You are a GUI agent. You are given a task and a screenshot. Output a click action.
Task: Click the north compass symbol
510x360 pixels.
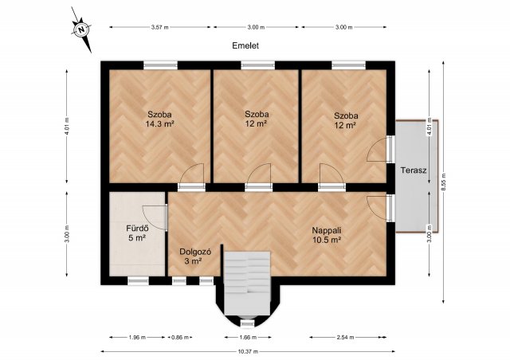pos(81,29)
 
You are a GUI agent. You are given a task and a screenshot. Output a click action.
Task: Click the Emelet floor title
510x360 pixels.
pos(245,46)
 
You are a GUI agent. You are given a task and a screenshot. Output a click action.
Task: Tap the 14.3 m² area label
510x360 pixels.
pos(159,124)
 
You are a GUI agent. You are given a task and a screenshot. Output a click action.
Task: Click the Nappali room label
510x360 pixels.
pos(327,230)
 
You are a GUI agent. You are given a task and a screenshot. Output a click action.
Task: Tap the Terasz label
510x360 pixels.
pos(414,170)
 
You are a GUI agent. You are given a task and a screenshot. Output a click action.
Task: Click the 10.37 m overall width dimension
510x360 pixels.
pos(248,351)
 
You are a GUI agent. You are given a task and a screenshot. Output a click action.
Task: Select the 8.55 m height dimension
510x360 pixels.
pos(444,182)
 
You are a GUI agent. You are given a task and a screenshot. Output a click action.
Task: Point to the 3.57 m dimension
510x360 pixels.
pos(160,27)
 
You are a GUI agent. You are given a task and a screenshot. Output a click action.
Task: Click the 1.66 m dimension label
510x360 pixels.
pos(248,337)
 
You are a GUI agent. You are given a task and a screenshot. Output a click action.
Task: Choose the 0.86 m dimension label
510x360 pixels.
pos(180,337)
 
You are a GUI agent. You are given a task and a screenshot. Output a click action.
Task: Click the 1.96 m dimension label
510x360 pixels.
pos(137,337)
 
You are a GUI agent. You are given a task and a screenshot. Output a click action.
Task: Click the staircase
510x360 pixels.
pos(247,283)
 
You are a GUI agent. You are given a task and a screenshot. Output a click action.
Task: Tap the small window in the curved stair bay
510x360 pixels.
pos(247,323)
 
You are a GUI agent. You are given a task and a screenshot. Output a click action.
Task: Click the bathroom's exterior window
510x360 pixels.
pos(138,281)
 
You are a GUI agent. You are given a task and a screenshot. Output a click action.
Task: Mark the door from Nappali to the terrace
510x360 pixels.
pos(390,208)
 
